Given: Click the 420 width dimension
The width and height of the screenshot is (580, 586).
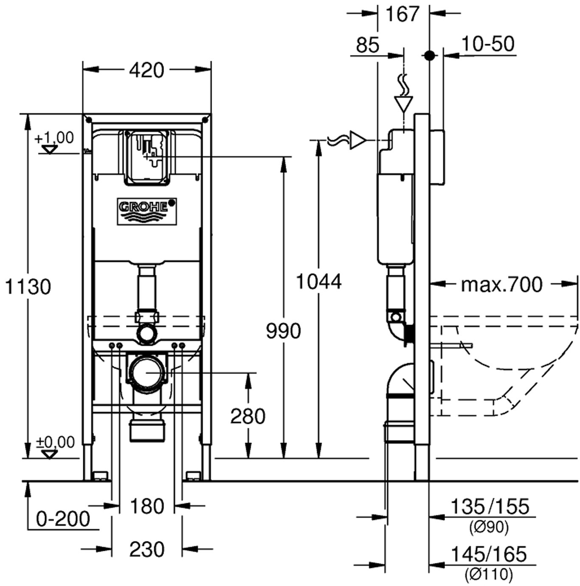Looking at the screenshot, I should pyautogui.click(x=146, y=70).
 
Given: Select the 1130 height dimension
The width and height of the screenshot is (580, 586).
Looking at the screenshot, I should pyautogui.click(x=28, y=287).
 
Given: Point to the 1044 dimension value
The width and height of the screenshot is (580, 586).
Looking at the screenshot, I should pyautogui.click(x=318, y=282).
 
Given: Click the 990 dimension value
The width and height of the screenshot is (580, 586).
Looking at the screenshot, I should pyautogui.click(x=283, y=331).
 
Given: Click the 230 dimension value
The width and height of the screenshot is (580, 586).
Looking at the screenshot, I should pyautogui.click(x=146, y=550).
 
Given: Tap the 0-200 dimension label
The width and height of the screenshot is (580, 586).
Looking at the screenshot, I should pyautogui.click(x=63, y=519).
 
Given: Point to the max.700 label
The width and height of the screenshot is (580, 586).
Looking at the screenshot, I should pyautogui.click(x=502, y=284).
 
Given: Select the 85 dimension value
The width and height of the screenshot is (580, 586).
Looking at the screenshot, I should pyautogui.click(x=367, y=45).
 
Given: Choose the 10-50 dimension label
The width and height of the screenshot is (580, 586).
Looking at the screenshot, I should pyautogui.click(x=488, y=44).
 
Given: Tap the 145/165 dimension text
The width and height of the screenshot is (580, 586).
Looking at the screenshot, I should pyautogui.click(x=488, y=554).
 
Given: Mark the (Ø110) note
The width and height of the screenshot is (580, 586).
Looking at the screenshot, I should pyautogui.click(x=489, y=575).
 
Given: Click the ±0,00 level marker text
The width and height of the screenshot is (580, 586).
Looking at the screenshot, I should pyautogui.click(x=55, y=442).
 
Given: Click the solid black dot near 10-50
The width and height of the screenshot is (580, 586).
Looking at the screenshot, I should pyautogui.click(x=430, y=55).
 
